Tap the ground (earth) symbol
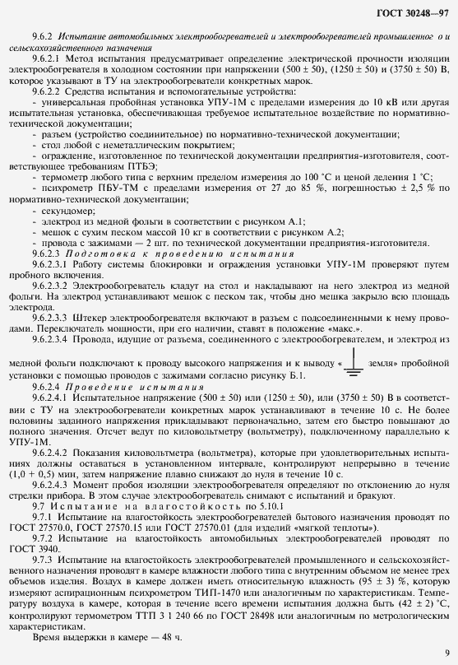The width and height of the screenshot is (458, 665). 354,340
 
